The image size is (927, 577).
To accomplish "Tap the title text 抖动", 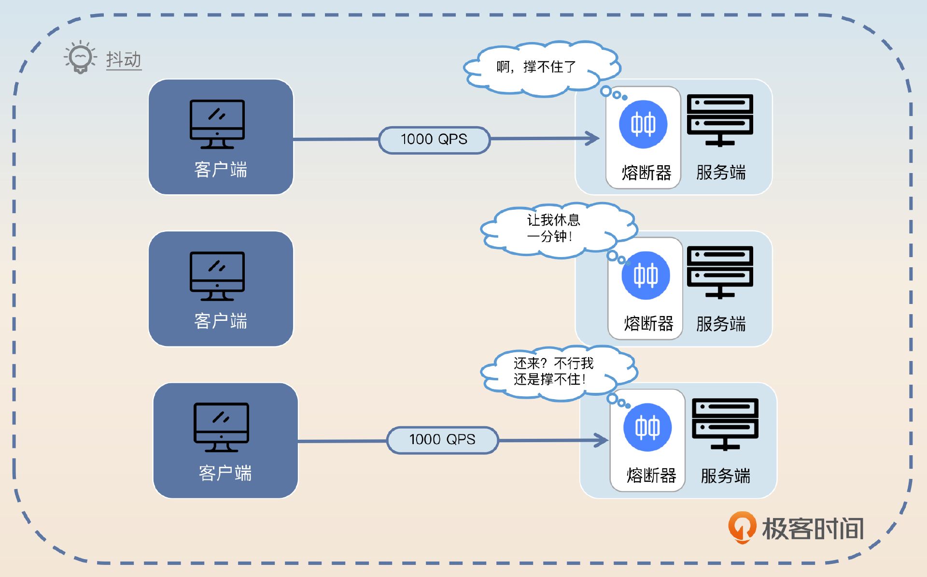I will tap(124, 60).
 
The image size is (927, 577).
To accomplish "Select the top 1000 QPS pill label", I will tap(434, 140).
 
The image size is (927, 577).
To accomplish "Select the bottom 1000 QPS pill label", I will tap(442, 440).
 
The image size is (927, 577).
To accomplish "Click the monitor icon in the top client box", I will tap(217, 124).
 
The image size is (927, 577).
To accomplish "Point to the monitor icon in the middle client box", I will tap(217, 276).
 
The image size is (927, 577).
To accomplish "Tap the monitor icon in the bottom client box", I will tap(221, 428).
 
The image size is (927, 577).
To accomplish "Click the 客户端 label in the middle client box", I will tap(221, 321).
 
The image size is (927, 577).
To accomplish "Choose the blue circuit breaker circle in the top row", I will tap(643, 125).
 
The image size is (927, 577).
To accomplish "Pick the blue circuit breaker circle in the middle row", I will tap(646, 275).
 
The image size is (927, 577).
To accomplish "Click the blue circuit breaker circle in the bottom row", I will tap(647, 428).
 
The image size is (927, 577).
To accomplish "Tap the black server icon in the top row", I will tap(720, 120).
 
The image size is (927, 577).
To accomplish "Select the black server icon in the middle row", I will tap(720, 272).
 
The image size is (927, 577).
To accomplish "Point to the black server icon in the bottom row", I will tap(725, 424).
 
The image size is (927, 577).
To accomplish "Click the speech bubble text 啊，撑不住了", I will tap(536, 67).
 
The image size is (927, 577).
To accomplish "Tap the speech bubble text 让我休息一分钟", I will tap(553, 228).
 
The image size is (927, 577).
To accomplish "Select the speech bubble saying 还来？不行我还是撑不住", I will tap(553, 371).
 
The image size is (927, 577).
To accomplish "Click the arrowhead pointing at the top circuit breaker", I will tap(593, 138).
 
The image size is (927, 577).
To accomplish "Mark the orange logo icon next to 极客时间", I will tap(742, 527).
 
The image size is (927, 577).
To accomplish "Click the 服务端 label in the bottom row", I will tap(725, 476).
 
